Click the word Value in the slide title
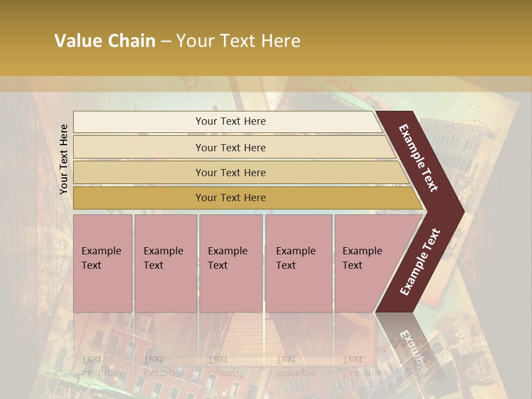[77, 41]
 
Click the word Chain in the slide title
[132, 41]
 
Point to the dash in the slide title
[166, 42]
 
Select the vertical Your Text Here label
[64, 159]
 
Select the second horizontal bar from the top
[233, 147]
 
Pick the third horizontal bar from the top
[238, 172]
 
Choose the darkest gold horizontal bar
[244, 198]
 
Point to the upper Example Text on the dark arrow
[418, 158]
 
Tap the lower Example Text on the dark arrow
[420, 262]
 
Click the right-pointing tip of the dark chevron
[461, 211]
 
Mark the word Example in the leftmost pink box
[101, 251]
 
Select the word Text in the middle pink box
[218, 265]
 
